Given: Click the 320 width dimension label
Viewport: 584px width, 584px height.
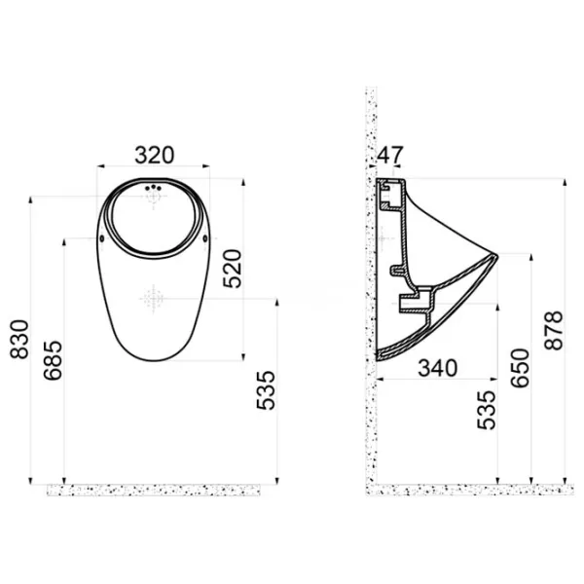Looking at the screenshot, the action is pyautogui.click(x=154, y=155).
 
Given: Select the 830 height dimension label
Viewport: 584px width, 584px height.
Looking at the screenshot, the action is pyautogui.click(x=19, y=339).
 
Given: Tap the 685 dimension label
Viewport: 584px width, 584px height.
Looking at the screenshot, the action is pyautogui.click(x=53, y=360).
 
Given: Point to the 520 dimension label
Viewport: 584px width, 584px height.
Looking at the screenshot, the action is pyautogui.click(x=233, y=269).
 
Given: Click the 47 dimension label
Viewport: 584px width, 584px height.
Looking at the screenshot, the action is pyautogui.click(x=390, y=155).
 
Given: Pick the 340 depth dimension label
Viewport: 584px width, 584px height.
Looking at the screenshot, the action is pyautogui.click(x=437, y=368).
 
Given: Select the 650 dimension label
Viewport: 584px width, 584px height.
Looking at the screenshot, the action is pyautogui.click(x=520, y=368).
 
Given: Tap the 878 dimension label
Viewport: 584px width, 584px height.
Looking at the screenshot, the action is pyautogui.click(x=553, y=330).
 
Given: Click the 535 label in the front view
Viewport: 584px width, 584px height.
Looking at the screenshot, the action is pyautogui.click(x=266, y=390).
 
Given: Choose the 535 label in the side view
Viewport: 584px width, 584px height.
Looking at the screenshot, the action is pyautogui.click(x=487, y=410).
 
